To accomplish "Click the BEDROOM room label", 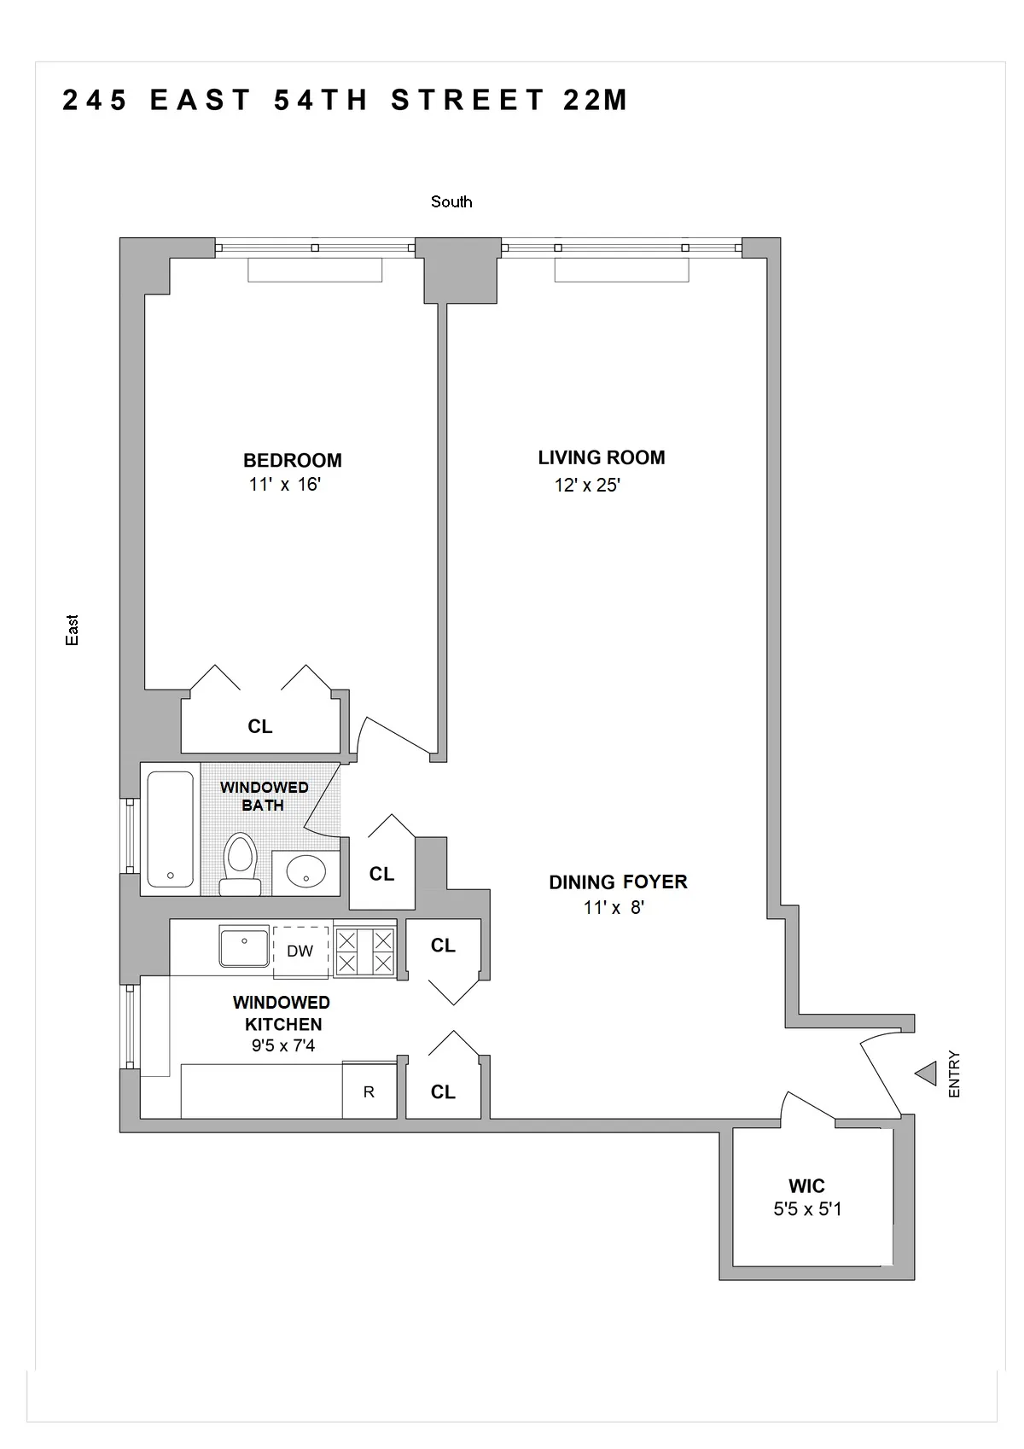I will coord(292,460).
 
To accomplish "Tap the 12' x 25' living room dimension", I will coord(587,486).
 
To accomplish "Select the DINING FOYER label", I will coord(618,882).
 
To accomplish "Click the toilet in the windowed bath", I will coord(240,864).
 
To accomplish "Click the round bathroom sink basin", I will coord(305,872).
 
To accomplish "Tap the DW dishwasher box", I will coord(300,951).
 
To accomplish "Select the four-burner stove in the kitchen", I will coord(364,952).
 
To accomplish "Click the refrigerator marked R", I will coord(369,1091).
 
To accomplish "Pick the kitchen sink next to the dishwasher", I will coord(244,948).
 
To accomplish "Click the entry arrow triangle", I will coord(926,1074).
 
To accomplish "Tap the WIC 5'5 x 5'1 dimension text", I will coord(807,1209).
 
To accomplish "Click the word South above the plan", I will coord(451,202).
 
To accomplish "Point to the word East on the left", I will coord(73,630).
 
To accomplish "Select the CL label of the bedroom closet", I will coord(260,726).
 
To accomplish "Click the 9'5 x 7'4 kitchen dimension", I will coord(282,1046).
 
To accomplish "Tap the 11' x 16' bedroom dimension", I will coord(284,485).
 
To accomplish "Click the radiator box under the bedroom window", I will coord(315,271).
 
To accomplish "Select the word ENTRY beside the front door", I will coord(954,1074).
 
